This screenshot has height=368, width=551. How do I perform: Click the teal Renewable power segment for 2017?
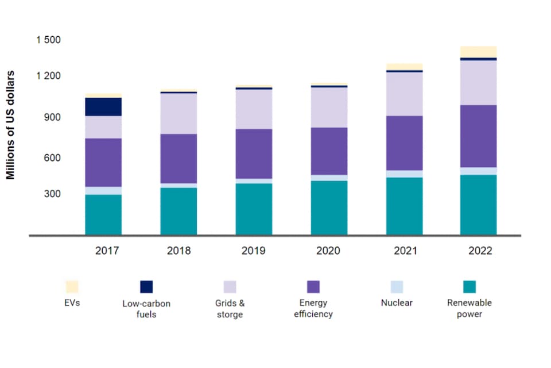pos(103,214)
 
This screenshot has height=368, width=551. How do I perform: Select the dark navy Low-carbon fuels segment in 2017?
pos(103,107)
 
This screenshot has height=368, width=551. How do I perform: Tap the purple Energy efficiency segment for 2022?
pos(479,136)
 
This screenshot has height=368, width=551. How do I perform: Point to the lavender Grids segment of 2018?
pos(179,113)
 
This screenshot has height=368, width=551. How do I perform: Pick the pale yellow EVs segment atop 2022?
pos(479,52)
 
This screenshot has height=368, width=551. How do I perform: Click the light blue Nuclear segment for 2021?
pos(404,174)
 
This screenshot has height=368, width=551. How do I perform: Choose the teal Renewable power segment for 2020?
pos(329,208)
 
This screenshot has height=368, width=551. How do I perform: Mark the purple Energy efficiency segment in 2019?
pos(254,154)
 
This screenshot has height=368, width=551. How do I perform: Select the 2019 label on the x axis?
pos(253,251)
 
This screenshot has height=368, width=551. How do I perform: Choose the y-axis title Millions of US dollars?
pos(11,125)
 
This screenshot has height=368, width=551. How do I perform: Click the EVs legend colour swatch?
pos(72,286)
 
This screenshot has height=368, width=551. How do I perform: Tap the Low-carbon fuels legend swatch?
pos(146,286)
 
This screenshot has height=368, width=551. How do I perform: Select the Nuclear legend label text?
pos(397,302)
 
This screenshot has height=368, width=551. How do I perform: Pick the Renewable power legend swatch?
pos(469,286)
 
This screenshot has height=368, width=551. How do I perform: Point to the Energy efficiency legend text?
pos(313,308)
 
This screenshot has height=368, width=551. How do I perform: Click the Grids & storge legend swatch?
pos(230,286)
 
